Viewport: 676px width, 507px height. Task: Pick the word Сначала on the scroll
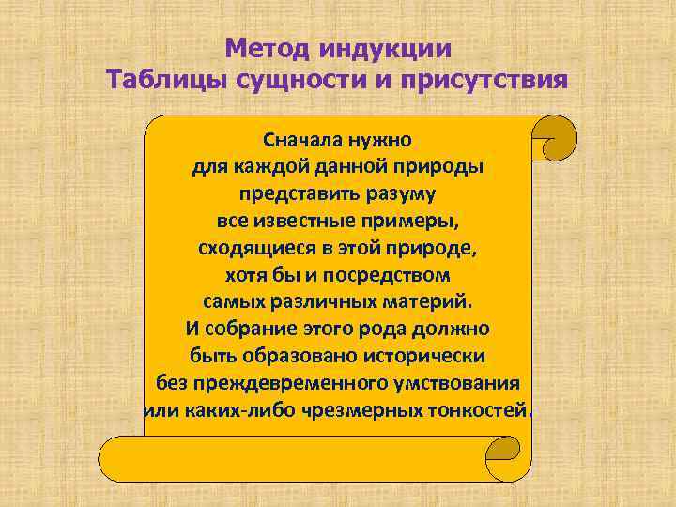pos(304,140)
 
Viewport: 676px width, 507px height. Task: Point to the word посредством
pos(392,276)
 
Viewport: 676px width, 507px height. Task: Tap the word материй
pos(429,303)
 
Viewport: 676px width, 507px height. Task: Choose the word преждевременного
pos(269,385)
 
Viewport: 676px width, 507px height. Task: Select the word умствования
pos(457,385)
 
